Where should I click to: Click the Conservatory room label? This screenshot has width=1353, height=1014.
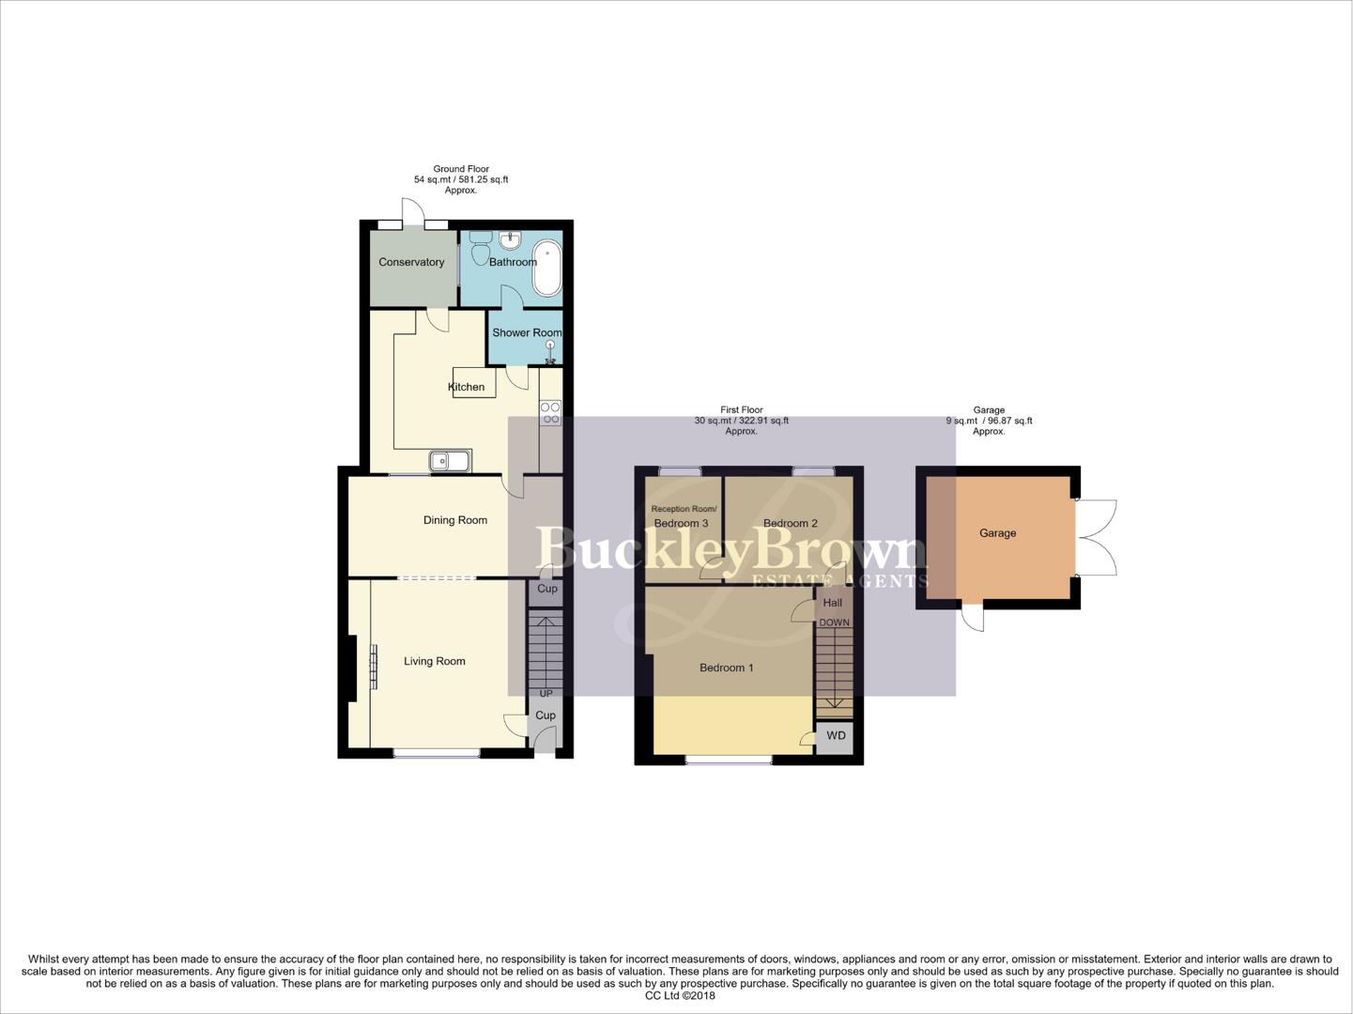tap(411, 262)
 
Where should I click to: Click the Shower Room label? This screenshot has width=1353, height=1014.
tap(526, 332)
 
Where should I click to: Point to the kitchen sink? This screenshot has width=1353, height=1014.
tap(450, 461)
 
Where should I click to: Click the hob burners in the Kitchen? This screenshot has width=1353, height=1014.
tap(551, 413)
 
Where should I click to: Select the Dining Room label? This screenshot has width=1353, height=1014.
tap(455, 520)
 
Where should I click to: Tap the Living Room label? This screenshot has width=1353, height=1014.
tap(435, 661)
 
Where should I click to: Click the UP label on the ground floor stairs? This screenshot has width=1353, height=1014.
tap(546, 694)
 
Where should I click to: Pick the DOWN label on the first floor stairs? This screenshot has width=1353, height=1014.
tap(834, 622)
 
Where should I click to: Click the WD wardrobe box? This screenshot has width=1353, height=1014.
tap(836, 736)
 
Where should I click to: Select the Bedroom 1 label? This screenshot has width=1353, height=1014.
tap(727, 668)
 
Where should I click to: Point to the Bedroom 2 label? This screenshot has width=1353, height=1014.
tap(791, 523)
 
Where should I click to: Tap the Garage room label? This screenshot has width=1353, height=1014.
tap(997, 532)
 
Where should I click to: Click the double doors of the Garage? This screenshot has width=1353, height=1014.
tap(1097, 538)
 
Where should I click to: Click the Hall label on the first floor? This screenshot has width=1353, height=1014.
tap(833, 603)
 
